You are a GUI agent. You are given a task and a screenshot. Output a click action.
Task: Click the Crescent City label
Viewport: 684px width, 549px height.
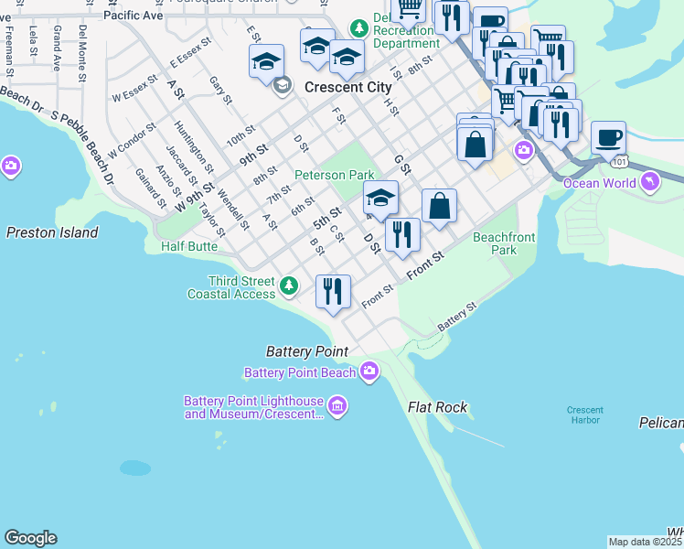click(x=347, y=88)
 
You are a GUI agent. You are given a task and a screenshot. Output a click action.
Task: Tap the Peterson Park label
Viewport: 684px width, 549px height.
click(x=335, y=175)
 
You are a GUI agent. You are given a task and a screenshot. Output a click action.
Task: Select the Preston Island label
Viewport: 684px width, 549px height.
click(x=52, y=232)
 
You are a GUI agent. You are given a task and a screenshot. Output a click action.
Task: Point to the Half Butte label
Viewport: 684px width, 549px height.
click(x=188, y=247)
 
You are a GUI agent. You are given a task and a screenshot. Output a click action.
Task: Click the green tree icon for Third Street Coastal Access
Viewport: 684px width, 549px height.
click(x=289, y=286)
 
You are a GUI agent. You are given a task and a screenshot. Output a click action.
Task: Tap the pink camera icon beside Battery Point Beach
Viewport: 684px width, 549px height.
click(x=369, y=371)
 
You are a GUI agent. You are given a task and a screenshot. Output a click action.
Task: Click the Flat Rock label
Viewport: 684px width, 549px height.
click(x=438, y=408)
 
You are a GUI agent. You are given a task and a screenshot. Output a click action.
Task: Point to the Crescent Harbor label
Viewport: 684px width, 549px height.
click(x=583, y=414)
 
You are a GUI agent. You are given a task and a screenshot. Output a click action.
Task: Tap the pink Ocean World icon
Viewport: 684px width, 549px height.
click(x=650, y=182)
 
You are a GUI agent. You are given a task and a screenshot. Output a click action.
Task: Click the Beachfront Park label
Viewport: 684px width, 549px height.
click(x=504, y=243)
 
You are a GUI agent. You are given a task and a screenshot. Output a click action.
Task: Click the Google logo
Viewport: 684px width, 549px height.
click(x=30, y=538)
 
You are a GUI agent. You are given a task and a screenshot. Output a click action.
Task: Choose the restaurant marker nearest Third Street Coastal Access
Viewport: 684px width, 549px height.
click(x=333, y=292)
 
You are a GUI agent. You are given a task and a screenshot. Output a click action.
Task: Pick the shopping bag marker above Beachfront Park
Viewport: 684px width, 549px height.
click(x=439, y=206)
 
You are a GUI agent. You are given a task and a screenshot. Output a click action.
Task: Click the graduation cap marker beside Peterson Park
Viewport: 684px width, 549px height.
click(x=380, y=197)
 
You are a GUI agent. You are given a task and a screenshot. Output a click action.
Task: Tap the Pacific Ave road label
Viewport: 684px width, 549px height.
click(x=134, y=16)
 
